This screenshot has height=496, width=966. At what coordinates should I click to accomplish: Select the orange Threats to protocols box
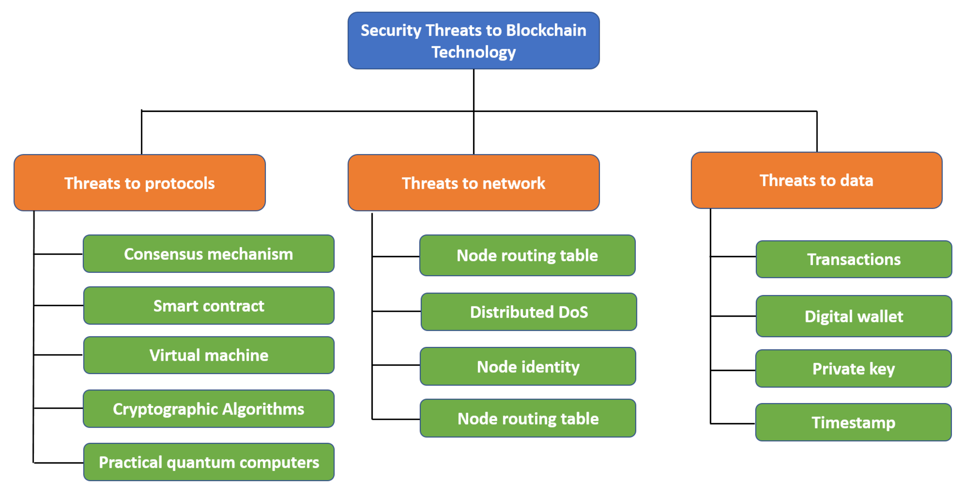click(x=140, y=183)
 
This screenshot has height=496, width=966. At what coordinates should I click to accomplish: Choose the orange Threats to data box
click(x=816, y=180)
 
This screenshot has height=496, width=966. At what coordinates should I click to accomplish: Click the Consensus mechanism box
click(x=208, y=254)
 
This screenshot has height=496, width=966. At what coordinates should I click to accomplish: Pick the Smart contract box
click(x=208, y=306)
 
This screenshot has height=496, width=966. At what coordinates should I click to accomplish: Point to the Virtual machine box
click(x=208, y=355)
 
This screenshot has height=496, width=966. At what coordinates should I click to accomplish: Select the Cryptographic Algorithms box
click(x=208, y=409)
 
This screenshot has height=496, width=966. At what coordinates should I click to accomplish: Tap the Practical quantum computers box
click(x=208, y=462)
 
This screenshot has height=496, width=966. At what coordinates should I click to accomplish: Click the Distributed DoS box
click(x=529, y=312)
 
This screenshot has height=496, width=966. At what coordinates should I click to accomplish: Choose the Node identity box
click(x=528, y=367)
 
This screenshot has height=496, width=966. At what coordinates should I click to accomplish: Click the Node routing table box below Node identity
click(x=528, y=418)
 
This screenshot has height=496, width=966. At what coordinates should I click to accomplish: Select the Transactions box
click(x=854, y=259)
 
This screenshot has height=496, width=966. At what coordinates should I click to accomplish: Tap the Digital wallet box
click(x=854, y=316)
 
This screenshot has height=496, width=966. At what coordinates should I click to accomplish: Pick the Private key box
click(x=854, y=369)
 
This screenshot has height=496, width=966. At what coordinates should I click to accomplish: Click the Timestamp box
click(x=854, y=422)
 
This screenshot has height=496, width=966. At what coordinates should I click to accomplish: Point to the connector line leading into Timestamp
click(x=733, y=424)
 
